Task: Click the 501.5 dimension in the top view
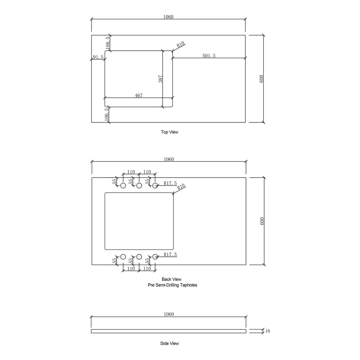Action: click(209, 56)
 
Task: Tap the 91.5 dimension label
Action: click(98, 57)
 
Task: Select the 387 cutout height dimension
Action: click(160, 79)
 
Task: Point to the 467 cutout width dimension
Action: click(139, 95)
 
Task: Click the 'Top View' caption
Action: click(169, 132)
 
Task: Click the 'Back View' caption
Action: click(172, 279)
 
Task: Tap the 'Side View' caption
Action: click(169, 343)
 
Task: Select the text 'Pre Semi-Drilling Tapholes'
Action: click(172, 285)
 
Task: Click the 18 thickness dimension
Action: click(268, 331)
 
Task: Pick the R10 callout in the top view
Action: click(181, 44)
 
